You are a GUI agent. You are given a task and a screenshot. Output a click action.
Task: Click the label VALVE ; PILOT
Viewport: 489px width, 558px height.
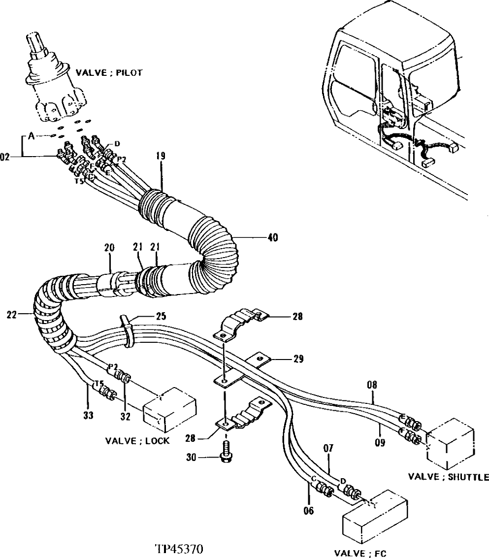pos(109,72)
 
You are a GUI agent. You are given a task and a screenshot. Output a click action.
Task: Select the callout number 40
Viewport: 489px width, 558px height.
pos(272,238)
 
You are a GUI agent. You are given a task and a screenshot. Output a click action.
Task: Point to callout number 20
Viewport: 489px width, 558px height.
pos(109,248)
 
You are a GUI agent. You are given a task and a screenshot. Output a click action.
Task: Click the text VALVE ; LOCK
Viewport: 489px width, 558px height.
pos(137,440)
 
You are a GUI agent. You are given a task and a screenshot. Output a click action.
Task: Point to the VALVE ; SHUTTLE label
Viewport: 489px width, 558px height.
pos(448,477)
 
